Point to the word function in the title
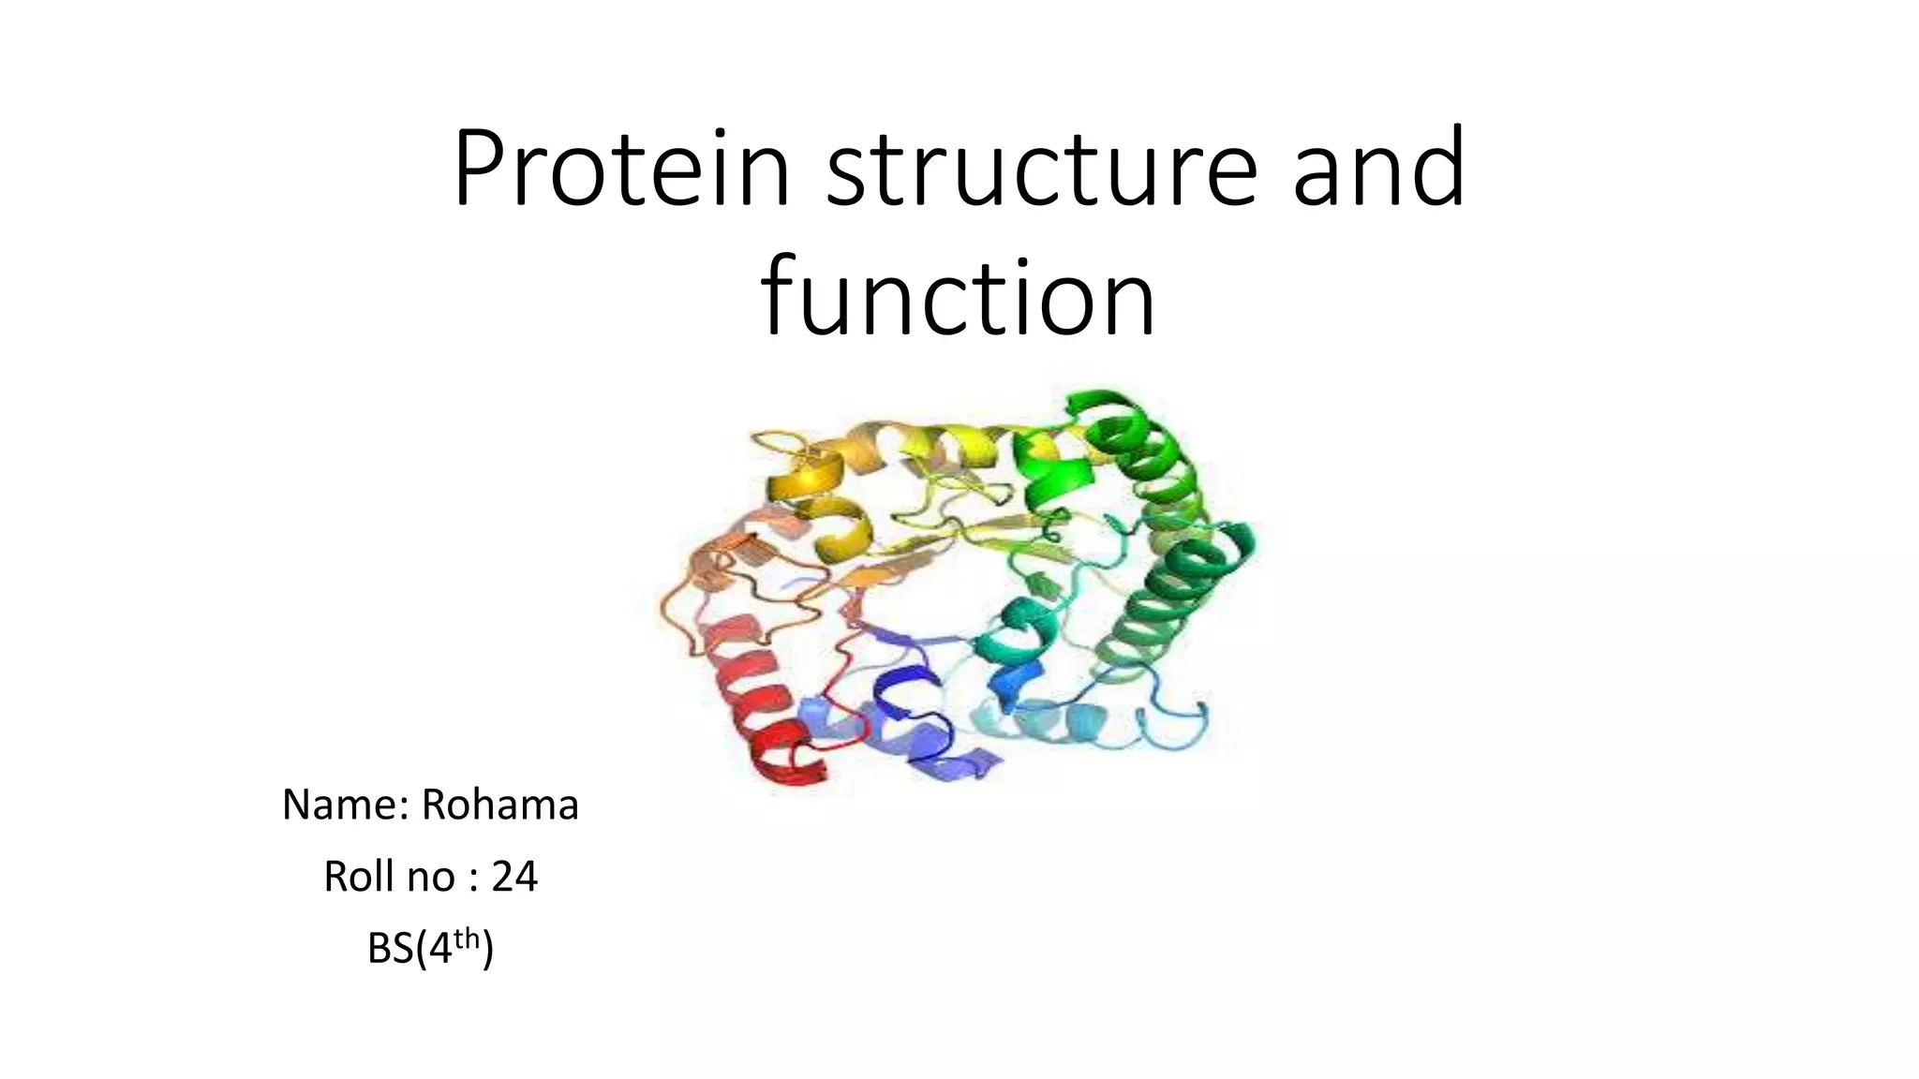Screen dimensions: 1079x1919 [x=958, y=298]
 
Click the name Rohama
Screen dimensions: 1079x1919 [x=499, y=805]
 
